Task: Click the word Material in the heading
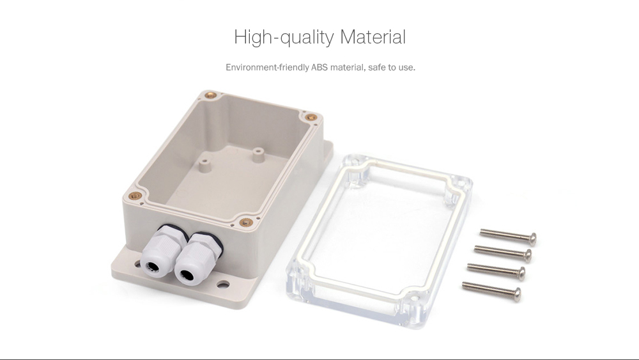pyautogui.click(x=373, y=37)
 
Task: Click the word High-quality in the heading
pyautogui.click(x=284, y=37)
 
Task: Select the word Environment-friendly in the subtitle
pyautogui.click(x=267, y=67)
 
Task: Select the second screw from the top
pyautogui.click(x=504, y=251)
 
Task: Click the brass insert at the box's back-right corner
pyautogui.click(x=311, y=118)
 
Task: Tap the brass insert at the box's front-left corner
pyautogui.click(x=134, y=196)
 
